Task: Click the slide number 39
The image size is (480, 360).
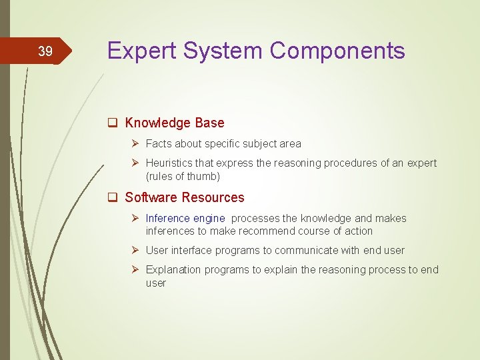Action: coord(45,51)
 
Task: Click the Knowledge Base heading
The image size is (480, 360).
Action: coord(175,123)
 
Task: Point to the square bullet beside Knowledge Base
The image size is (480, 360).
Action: coord(113,123)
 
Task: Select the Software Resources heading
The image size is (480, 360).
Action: coord(185,197)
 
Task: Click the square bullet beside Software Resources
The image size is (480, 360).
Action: coord(113,197)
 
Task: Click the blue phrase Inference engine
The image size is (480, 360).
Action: coord(185,218)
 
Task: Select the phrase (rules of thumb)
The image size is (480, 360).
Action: coord(183,176)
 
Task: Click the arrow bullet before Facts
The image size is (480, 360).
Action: coord(136,143)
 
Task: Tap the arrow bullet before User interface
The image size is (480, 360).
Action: coord(136,250)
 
